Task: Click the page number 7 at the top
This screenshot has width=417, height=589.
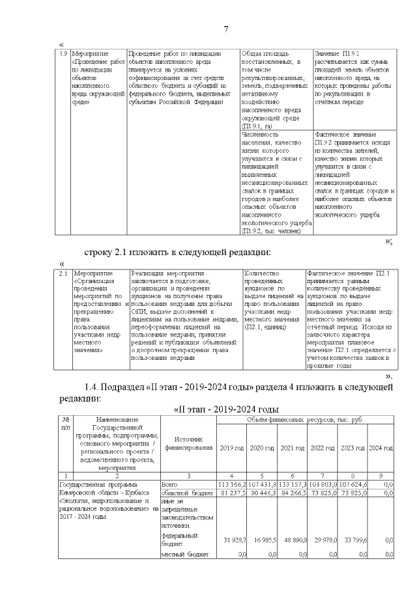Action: (226, 29)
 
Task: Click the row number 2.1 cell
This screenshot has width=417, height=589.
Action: (63, 274)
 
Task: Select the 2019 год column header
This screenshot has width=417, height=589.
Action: (232, 448)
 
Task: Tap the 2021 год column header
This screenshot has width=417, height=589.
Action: (293, 448)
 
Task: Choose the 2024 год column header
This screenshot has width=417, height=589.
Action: (381, 448)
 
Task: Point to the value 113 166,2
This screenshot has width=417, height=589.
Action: (232, 484)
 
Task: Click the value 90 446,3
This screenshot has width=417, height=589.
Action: (263, 493)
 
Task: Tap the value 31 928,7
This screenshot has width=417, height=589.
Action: (233, 540)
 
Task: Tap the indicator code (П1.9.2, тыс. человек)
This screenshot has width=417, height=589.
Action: (270, 230)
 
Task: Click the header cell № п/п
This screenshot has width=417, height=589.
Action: (65, 424)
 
